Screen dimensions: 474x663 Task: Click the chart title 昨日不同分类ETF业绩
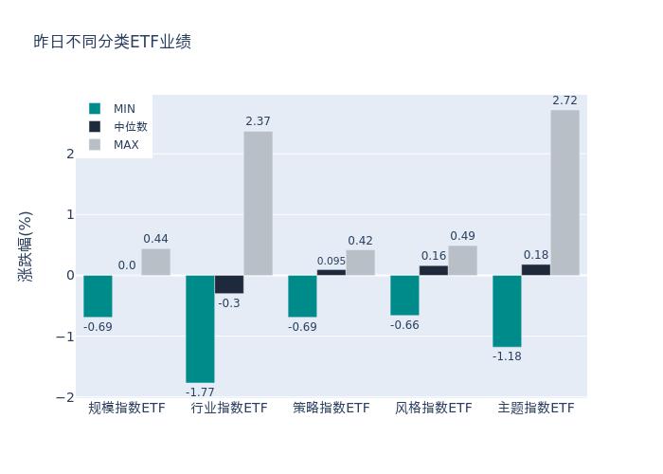pos(112,42)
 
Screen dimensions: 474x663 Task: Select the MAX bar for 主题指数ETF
pos(564,192)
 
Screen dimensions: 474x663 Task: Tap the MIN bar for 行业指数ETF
pos(200,329)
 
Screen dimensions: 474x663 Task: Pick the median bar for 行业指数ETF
pos(229,284)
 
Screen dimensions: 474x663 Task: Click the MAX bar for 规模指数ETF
pos(155,262)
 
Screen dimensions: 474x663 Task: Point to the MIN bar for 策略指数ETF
pos(302,296)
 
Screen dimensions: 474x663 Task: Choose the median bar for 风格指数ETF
pos(434,270)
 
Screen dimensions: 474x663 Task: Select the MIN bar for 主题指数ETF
pos(507,311)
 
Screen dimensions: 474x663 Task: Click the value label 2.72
pos(564,100)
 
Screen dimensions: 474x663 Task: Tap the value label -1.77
pos(200,392)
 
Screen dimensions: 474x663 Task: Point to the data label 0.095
pos(331,262)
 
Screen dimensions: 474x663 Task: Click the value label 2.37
pos(258,121)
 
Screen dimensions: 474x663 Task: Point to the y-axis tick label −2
pos(66,397)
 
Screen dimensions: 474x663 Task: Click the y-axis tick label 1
pos(69,214)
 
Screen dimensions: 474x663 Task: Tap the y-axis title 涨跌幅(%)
pos(26,246)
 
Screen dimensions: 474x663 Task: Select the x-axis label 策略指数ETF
pos(331,409)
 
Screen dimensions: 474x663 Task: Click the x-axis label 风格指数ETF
pos(434,409)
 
